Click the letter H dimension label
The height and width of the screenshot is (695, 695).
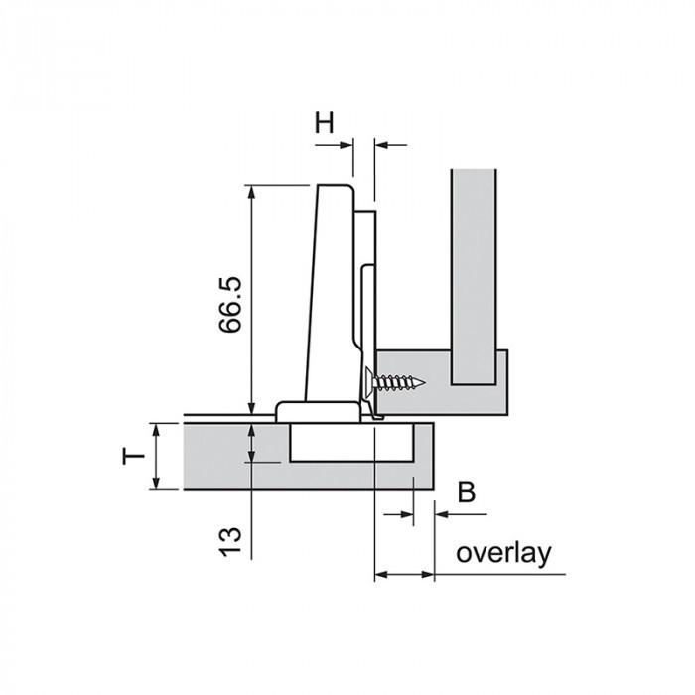click(x=325, y=122)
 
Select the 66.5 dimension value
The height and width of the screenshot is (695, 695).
click(x=230, y=305)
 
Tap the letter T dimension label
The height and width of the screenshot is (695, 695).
click(x=133, y=456)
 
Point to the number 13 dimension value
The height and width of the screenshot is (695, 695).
click(x=230, y=542)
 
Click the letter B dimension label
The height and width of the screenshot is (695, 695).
click(x=467, y=492)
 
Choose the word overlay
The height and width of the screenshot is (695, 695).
click(x=504, y=553)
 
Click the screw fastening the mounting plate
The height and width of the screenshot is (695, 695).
click(x=395, y=381)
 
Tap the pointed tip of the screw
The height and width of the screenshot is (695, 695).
click(x=425, y=382)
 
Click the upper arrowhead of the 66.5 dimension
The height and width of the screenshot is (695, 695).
click(x=251, y=192)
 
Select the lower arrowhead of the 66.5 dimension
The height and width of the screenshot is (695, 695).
click(x=251, y=408)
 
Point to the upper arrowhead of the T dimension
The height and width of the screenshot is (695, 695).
click(x=156, y=430)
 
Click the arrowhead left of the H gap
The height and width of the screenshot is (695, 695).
click(x=347, y=145)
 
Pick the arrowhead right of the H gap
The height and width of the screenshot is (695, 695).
click(x=382, y=145)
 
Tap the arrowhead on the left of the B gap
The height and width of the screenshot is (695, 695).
click(x=406, y=514)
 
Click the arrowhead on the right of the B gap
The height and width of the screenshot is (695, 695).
click(x=442, y=514)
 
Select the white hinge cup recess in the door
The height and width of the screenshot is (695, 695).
click(x=351, y=443)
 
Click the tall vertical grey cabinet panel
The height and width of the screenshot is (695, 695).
click(x=474, y=277)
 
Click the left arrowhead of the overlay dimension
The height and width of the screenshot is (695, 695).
click(x=382, y=575)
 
